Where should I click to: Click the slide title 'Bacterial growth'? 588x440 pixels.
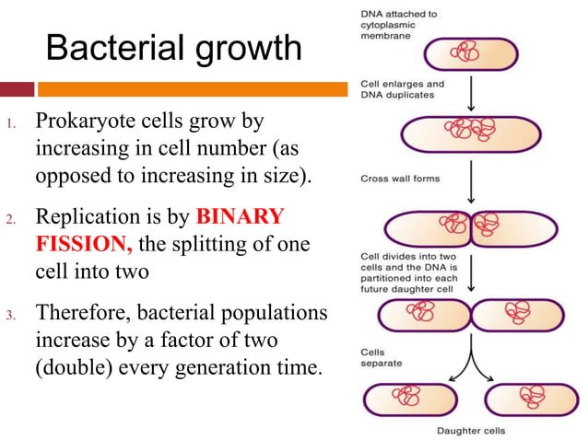173,48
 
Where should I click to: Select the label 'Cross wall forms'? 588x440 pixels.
400,179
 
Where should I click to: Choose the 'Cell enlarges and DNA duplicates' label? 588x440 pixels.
402,89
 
